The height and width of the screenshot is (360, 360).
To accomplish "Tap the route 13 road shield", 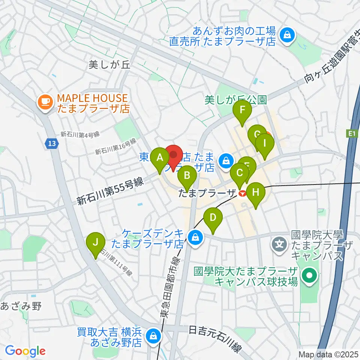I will pos(52,143).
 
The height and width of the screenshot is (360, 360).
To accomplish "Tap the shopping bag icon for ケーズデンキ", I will pos(195,237).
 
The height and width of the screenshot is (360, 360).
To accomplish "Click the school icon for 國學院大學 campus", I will pos(280,244).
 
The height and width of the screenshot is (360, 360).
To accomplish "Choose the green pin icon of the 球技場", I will pos(310,276).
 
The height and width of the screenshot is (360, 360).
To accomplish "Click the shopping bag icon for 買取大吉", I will pos(154,336).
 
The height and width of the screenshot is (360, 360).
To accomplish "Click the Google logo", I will pos(25,351).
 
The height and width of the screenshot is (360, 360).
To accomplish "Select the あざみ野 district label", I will pos(20,306).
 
